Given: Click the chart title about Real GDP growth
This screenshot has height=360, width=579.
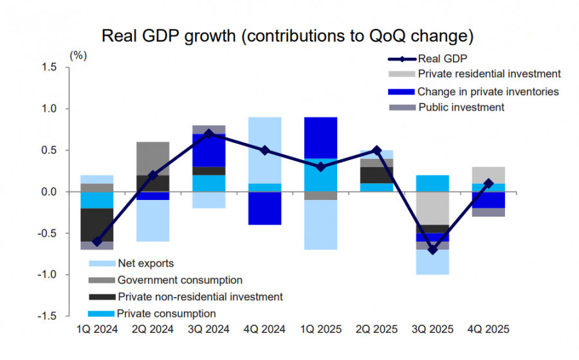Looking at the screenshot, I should pyautogui.click(x=289, y=35).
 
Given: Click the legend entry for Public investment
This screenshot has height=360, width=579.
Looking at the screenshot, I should pyautogui.click(x=461, y=107).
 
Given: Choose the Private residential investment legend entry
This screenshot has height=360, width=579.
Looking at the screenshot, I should pyautogui.click(x=489, y=74).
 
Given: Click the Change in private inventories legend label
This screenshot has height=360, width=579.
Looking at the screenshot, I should pyautogui.click(x=488, y=91).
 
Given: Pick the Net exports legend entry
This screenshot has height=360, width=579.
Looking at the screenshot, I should pyautogui.click(x=145, y=264).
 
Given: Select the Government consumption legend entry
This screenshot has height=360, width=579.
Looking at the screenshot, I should pyautogui.click(x=179, y=280).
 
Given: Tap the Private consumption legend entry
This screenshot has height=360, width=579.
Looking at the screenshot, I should pyautogui.click(x=166, y=314).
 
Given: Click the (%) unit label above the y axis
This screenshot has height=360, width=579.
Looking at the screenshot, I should pyautogui.click(x=78, y=55).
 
